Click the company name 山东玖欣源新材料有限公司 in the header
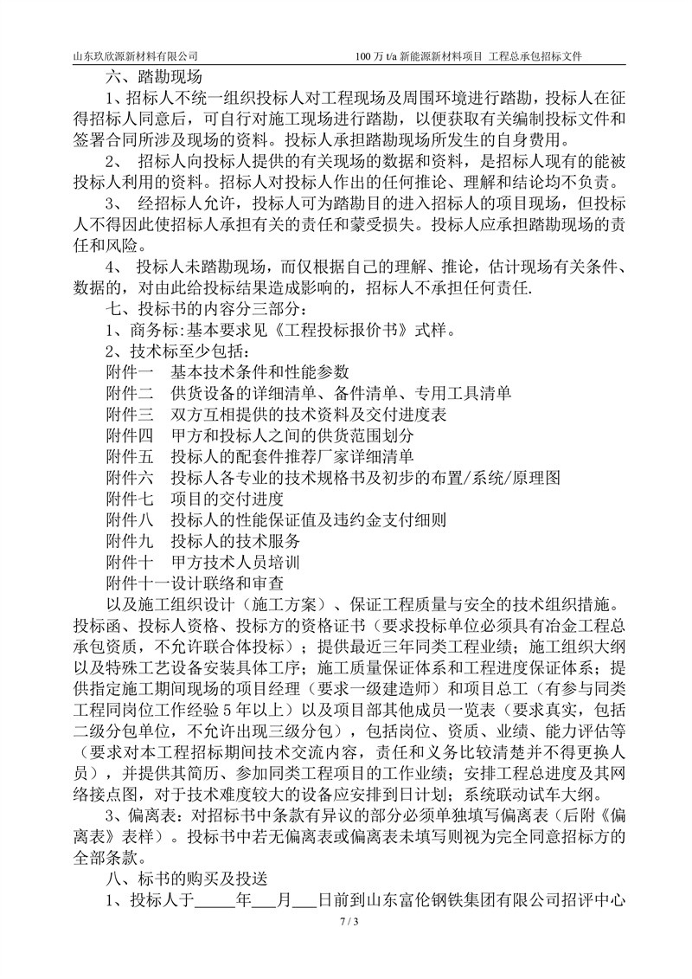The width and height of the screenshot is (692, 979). pos(142,56)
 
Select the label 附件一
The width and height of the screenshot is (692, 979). pos(129,373)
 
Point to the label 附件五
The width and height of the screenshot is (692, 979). pos(129,457)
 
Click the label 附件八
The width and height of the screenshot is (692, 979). pos(129,520)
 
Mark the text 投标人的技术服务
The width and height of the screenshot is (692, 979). pos(234,542)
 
